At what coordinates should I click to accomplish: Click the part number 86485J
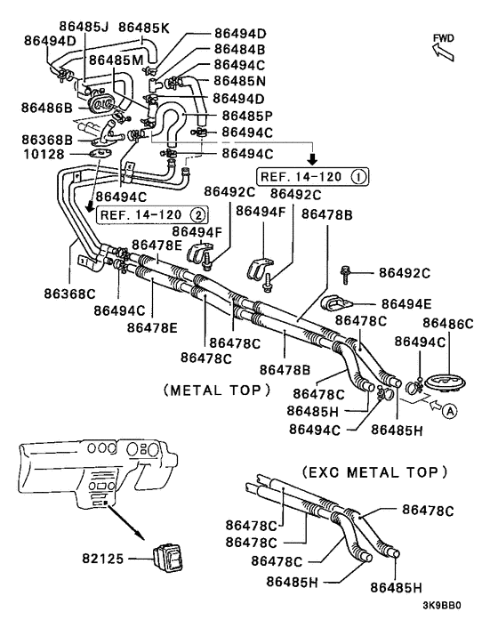point(84,27)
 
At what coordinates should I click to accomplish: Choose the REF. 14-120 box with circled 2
point(150,214)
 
